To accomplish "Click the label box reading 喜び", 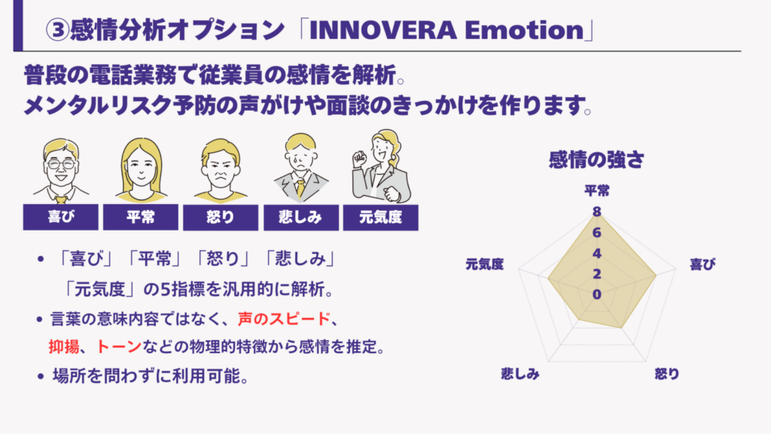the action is [60, 217].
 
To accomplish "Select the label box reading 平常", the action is [141, 217].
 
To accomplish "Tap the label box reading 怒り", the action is [221, 217].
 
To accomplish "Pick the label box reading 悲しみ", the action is [301, 217].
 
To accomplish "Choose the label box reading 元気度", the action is [380, 217].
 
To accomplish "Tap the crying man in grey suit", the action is [301, 168].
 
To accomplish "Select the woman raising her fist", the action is [381, 167].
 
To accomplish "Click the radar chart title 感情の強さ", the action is [596, 160].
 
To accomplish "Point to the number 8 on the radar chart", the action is [596, 212].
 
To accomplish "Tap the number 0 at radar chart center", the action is [596, 295].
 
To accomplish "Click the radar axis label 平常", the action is [597, 191].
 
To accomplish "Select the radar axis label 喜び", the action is [702, 264].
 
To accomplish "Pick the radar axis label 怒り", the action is [667, 374].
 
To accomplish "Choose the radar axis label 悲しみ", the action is [520, 374].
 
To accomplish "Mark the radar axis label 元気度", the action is [485, 264].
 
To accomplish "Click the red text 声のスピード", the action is [284, 319].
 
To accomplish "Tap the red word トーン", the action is [118, 347].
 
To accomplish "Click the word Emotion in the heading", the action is [524, 30].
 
